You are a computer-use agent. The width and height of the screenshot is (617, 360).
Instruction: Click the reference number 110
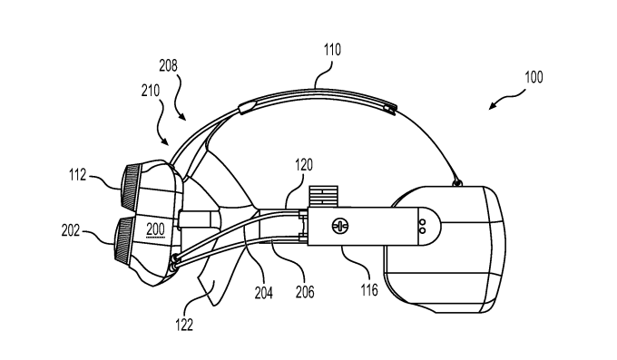click(332, 50)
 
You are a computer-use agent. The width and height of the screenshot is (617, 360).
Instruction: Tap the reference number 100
click(534, 77)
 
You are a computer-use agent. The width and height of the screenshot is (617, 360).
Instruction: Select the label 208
click(168, 65)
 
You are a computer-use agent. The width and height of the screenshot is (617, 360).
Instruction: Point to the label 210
click(151, 91)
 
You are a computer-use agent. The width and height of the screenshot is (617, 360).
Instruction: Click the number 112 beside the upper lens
click(77, 175)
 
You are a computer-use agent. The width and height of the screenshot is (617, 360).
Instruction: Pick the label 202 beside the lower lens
click(71, 230)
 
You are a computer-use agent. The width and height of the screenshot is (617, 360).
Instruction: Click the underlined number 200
click(155, 229)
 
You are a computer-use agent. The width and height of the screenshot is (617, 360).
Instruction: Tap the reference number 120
click(304, 165)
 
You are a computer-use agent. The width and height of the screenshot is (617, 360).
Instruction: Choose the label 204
click(264, 293)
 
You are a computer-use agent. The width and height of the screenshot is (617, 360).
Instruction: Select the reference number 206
click(305, 292)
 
